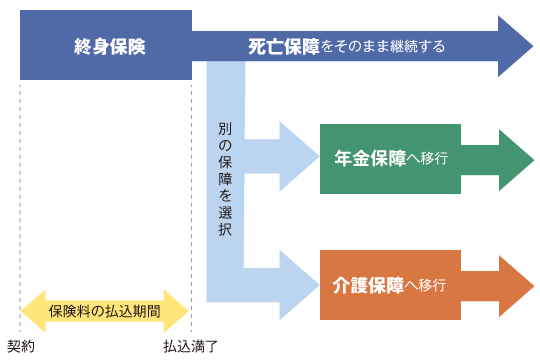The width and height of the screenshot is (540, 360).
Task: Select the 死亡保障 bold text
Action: [x=284, y=46]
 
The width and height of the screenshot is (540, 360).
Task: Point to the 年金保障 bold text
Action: [x=370, y=158]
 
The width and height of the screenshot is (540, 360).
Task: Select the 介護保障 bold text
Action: [x=370, y=284]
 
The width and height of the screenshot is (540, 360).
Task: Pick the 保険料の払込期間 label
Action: [x=104, y=311]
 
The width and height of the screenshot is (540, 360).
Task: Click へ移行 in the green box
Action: [x=427, y=158]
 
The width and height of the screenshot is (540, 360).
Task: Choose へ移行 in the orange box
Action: [x=427, y=284]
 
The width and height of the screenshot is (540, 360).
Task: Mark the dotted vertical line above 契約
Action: [x=20, y=200]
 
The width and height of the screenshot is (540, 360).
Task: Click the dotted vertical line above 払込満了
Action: [x=192, y=200]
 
